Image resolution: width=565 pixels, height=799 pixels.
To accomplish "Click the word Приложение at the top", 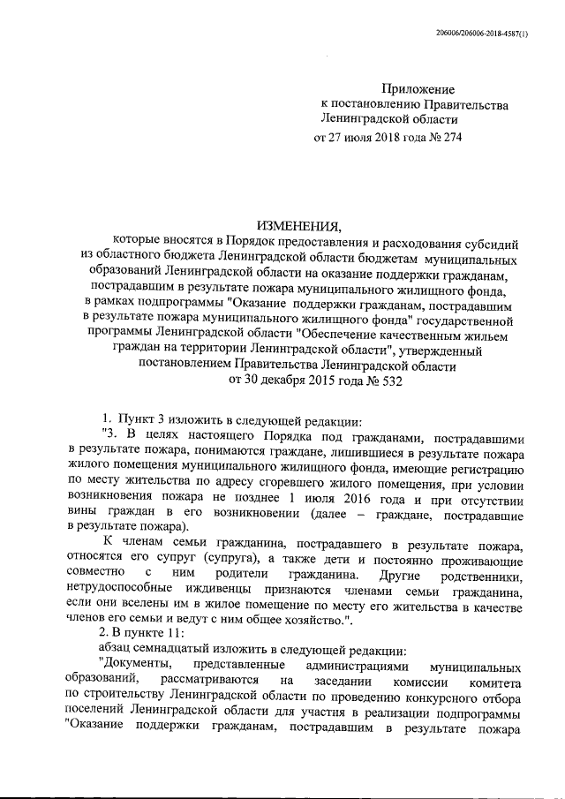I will pyautogui.click(x=418, y=89).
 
